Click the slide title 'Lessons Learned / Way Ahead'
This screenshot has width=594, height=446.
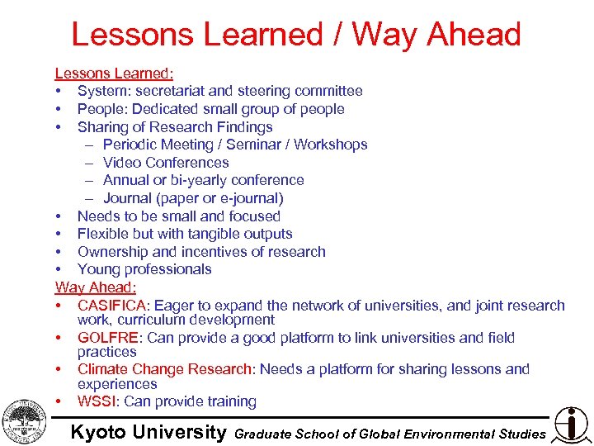point(296,35)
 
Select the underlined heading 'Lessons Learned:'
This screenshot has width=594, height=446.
point(114,73)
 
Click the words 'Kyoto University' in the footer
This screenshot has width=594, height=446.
point(148,432)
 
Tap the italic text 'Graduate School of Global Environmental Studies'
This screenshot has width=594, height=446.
point(390,434)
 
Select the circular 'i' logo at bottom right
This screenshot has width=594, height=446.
point(571,423)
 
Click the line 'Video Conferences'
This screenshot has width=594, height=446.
point(166,162)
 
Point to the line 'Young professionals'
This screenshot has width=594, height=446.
point(144,269)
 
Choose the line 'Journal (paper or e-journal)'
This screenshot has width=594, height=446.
point(193,198)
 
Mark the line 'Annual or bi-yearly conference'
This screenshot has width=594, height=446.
point(203,180)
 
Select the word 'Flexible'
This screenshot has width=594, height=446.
point(103,234)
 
